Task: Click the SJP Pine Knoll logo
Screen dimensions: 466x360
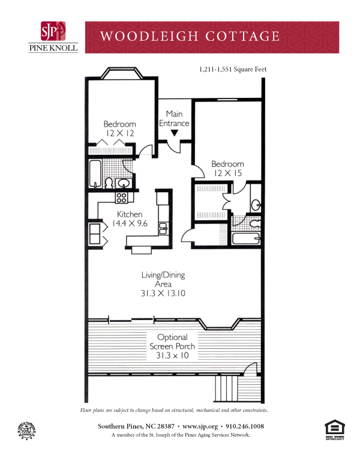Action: click(53, 37)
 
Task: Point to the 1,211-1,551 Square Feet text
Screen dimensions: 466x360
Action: click(232, 70)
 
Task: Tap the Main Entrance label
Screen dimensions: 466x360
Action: click(174, 118)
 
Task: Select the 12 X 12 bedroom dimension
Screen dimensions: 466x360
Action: click(119, 132)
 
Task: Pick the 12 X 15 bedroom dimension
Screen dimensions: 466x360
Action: click(227, 172)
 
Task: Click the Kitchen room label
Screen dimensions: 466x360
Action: click(129, 214)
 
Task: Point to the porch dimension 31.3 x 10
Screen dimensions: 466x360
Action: click(172, 356)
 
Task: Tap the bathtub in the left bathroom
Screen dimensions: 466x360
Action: click(95, 174)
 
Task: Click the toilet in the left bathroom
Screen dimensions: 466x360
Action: click(109, 181)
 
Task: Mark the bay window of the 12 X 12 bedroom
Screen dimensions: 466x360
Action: click(121, 73)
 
